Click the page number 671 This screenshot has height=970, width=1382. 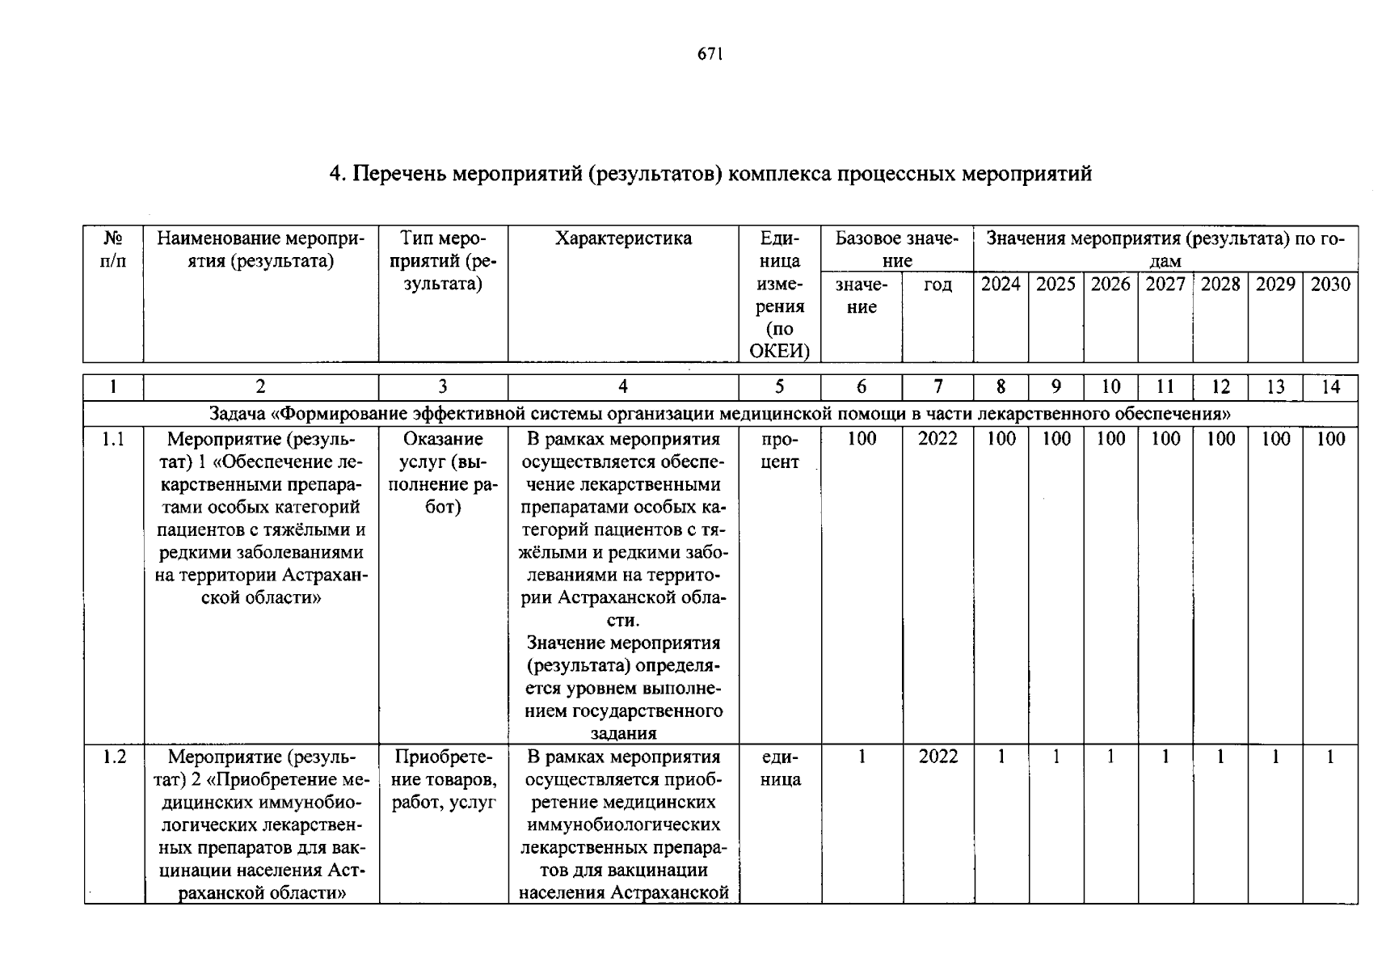tap(709, 54)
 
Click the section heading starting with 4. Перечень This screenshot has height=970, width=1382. tap(710, 174)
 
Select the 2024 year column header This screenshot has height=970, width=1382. tap(1001, 285)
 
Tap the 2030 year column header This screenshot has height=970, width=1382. tap(1330, 285)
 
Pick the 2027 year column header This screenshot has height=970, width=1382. tap(1165, 285)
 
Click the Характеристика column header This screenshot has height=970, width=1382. tap(623, 238)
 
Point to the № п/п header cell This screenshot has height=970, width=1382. tap(113, 250)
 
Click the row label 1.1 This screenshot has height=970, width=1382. tap(113, 439)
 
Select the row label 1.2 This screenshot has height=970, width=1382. tap(114, 757)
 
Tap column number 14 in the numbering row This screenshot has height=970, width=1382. tap(1330, 387)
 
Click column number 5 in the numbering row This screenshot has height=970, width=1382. tap(779, 387)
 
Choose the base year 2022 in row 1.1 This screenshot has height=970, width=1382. tap(937, 439)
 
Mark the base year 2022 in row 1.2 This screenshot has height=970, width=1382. tap(937, 757)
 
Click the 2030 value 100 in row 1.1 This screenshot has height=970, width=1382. tap(1330, 439)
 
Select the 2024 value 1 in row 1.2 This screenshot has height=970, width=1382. tap(1001, 757)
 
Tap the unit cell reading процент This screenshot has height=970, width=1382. tap(780, 450)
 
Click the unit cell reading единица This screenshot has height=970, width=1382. tap(780, 768)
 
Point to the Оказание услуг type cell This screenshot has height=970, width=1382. tap(443, 473)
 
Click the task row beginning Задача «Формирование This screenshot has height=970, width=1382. tap(719, 414)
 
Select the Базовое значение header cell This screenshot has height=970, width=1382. tap(897, 249)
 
